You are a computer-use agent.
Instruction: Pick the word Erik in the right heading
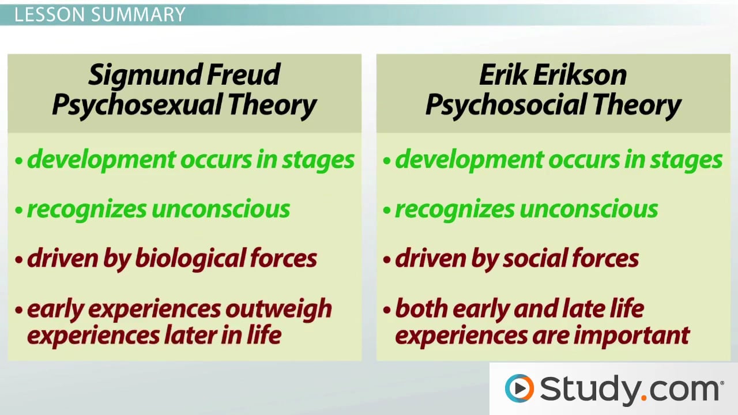503,75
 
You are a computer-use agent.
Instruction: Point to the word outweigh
278,309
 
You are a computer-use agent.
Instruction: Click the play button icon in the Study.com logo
519,388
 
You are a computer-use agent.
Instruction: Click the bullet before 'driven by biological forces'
19,259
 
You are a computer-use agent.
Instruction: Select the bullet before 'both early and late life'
387,310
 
